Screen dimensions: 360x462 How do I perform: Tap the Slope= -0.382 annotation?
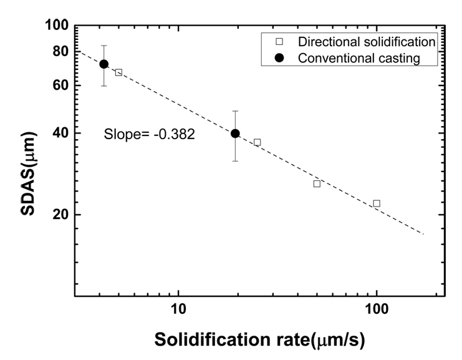click(x=150, y=134)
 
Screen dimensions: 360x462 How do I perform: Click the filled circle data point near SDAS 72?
click(x=104, y=64)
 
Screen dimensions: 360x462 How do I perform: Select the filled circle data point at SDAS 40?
click(x=235, y=134)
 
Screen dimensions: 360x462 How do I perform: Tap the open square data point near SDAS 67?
click(x=118, y=72)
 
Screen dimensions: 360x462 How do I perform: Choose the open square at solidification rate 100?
click(x=377, y=203)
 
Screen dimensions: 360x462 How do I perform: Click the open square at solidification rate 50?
click(x=317, y=183)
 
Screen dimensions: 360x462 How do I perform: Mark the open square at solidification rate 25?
click(x=257, y=142)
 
